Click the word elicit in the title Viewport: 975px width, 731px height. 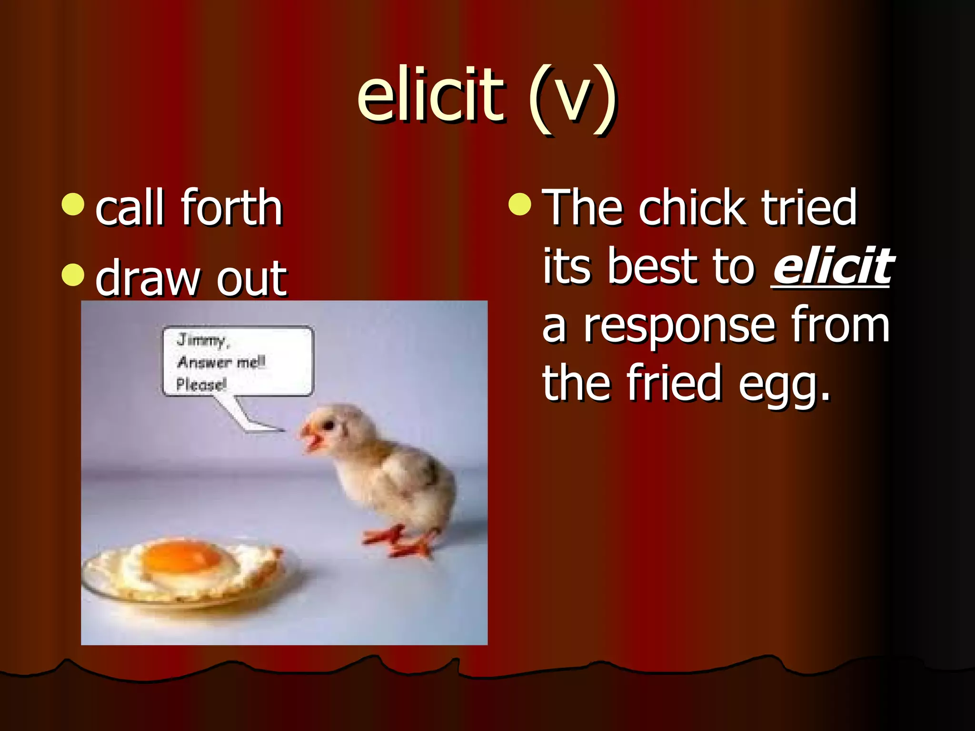tap(431, 95)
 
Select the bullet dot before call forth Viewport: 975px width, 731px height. tap(73, 204)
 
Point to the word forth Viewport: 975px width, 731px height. tap(232, 208)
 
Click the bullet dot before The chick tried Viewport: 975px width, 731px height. tap(519, 204)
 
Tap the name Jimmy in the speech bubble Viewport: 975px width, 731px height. tap(202, 340)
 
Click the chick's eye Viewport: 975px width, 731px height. tap(328, 425)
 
